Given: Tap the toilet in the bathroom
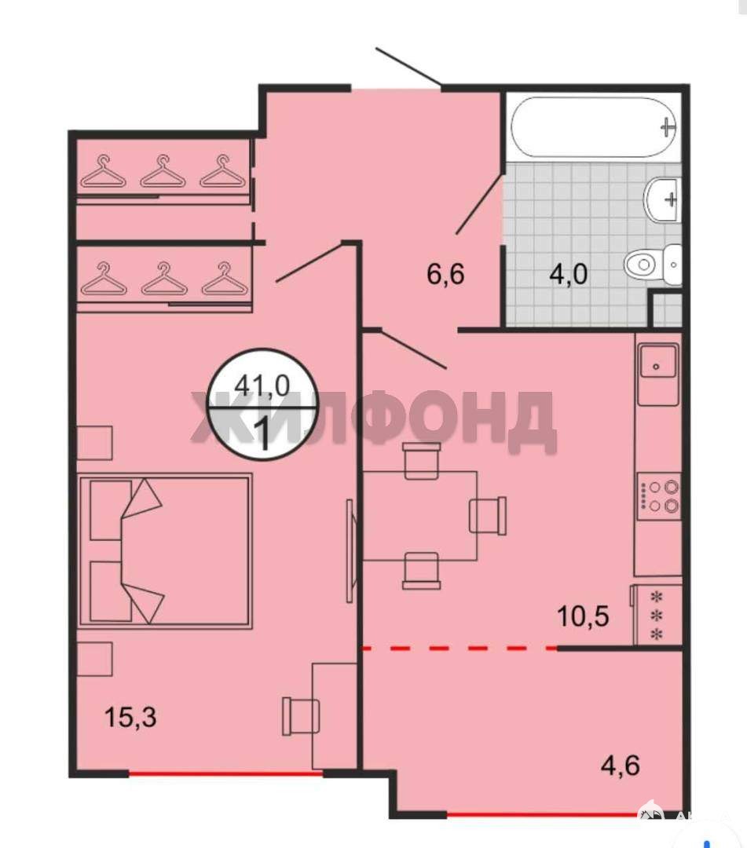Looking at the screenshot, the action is pos(653,265).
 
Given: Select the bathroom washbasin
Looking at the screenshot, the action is pos(661,199).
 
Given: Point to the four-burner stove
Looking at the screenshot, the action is pos(658,496).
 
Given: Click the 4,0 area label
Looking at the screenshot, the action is pos(568,274).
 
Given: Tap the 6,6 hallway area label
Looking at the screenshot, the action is pos(445,274).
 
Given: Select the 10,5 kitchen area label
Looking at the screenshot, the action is pos(583,616).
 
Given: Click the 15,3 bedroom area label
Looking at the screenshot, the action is pos(130,718).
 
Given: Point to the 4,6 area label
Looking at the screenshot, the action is pos(621,766).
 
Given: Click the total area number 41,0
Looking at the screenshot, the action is pos(262,386).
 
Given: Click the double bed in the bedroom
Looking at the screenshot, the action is pos(165,551).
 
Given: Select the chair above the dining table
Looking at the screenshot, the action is pos(422,459).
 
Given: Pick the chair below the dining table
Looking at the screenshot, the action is pos(421,571).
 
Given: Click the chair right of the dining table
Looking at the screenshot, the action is pos(489,515).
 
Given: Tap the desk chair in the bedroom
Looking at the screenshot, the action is pos(301,716).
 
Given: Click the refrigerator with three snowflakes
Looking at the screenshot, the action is pos(656,616).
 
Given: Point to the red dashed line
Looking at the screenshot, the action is pos(460,647).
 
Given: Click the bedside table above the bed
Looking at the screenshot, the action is pos(95,443).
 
